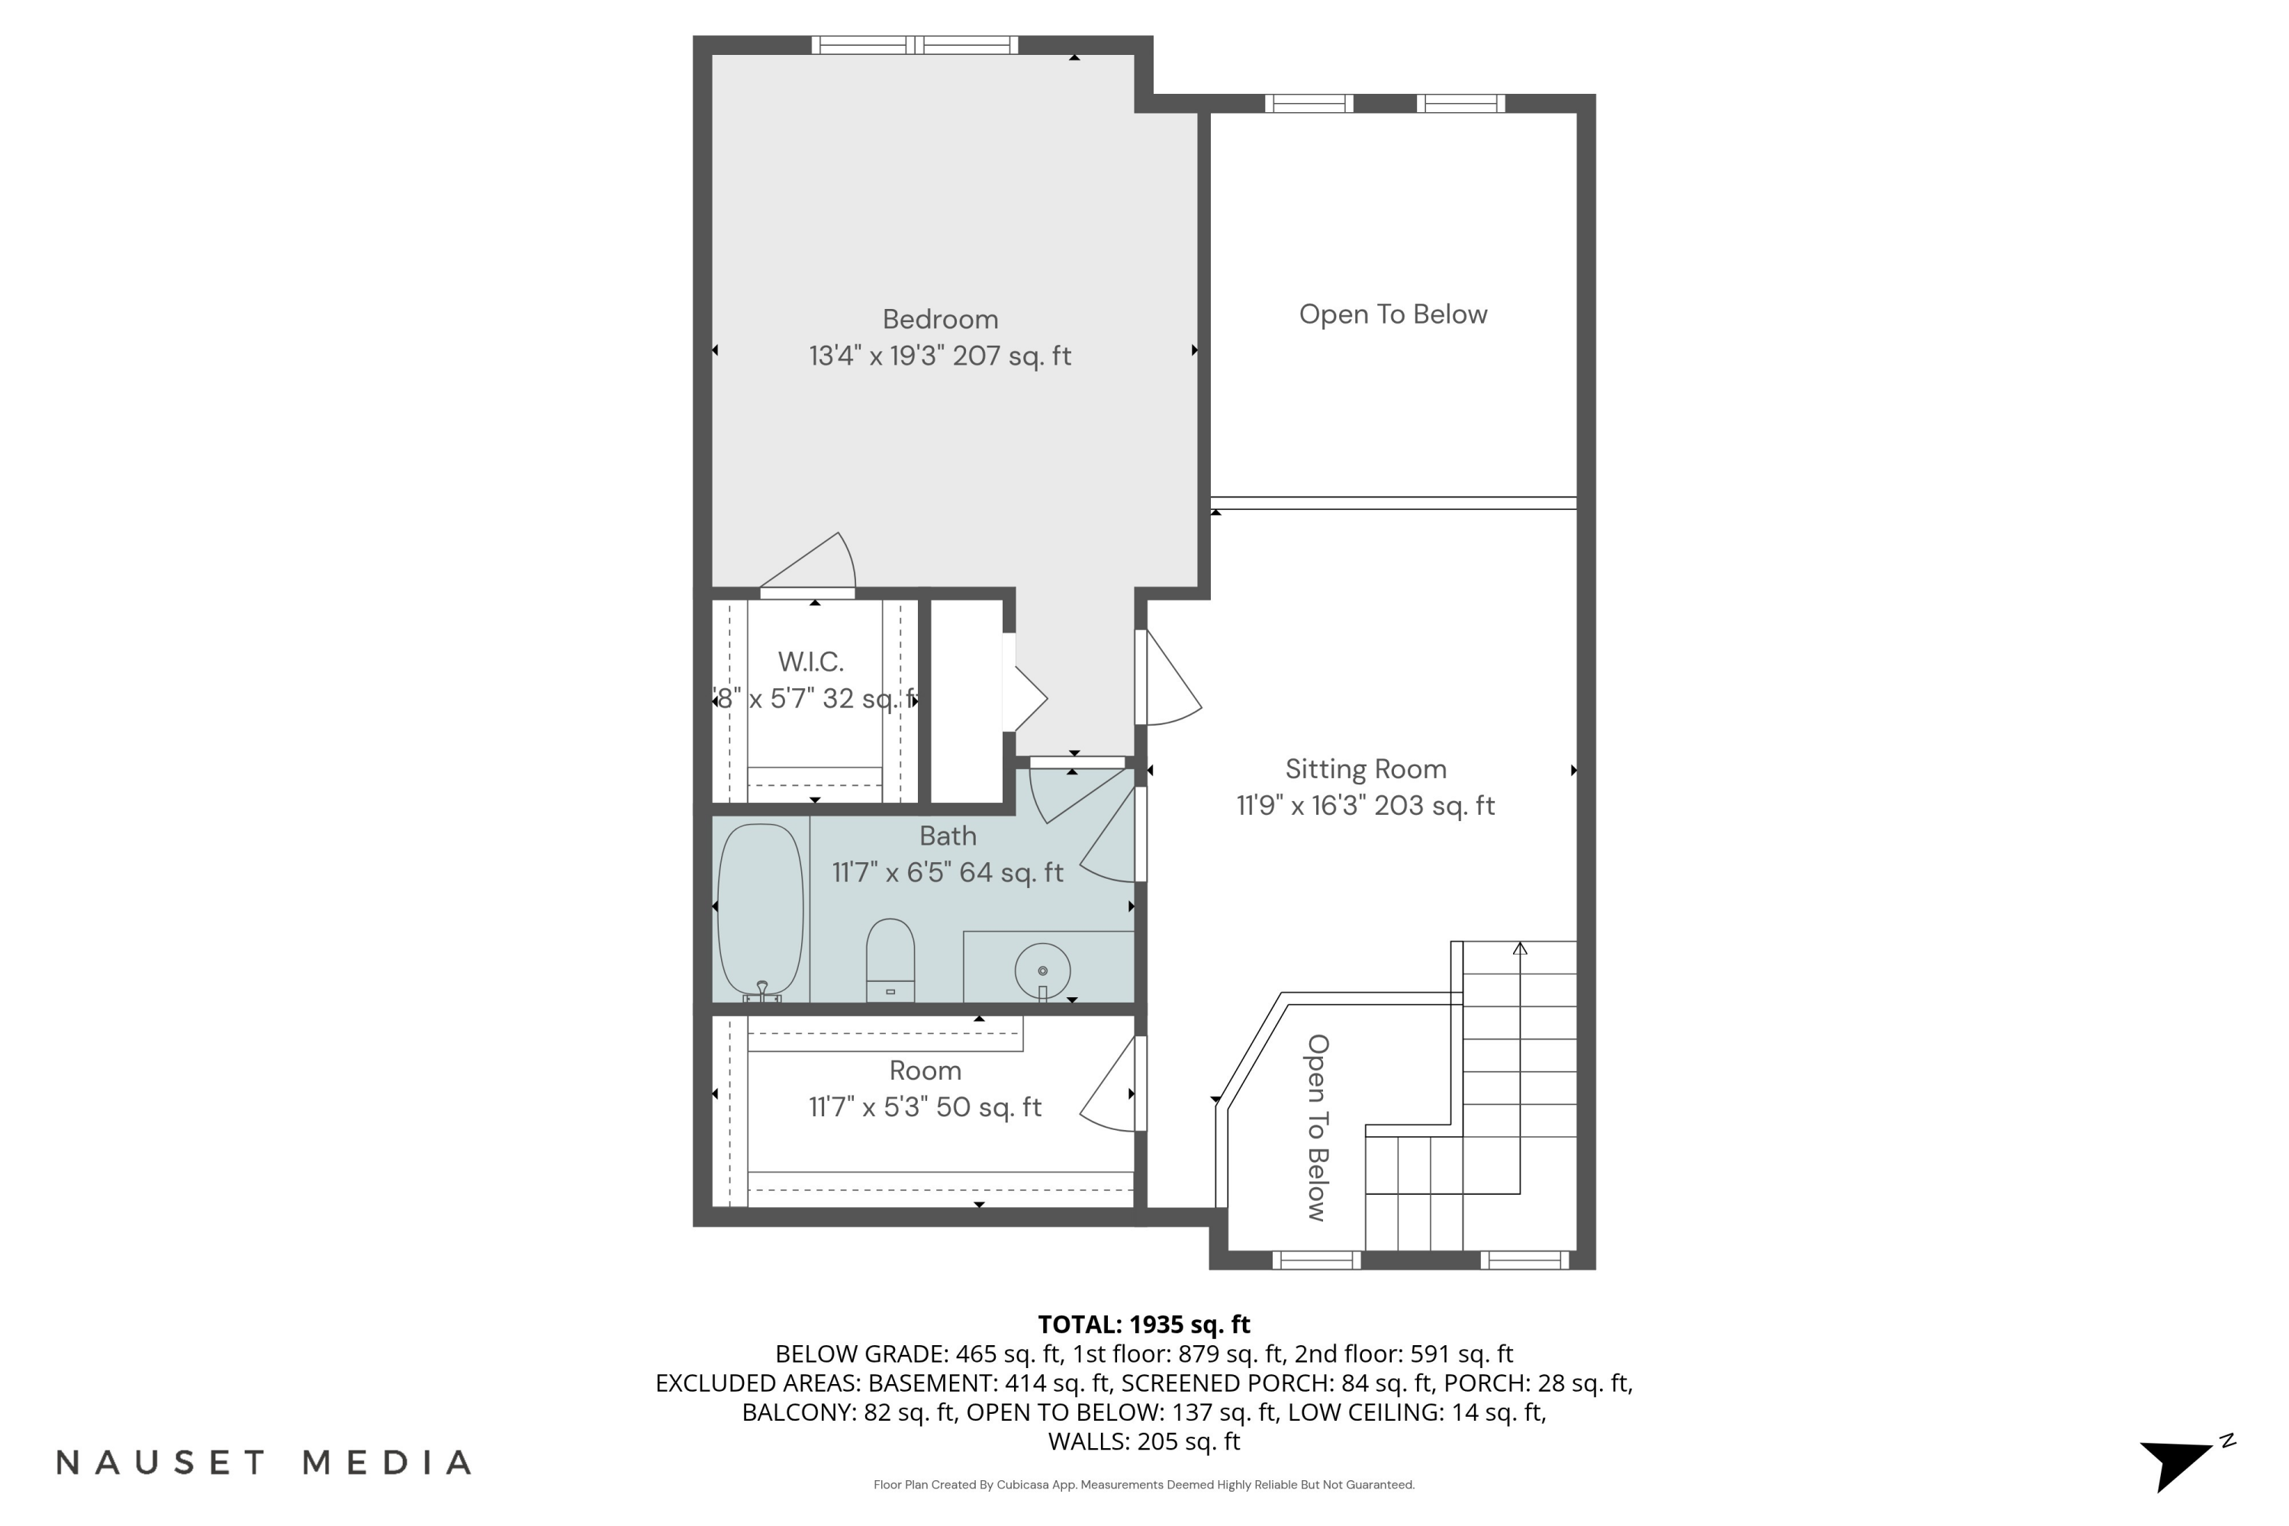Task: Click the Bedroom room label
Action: (x=940, y=319)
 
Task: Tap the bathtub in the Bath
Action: (x=760, y=910)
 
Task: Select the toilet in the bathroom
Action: (x=890, y=958)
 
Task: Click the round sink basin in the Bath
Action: (x=1042, y=971)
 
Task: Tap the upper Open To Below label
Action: (x=1392, y=314)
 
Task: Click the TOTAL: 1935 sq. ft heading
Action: (x=1144, y=1325)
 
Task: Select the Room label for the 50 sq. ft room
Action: (x=925, y=1070)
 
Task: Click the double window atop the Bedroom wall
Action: (x=914, y=45)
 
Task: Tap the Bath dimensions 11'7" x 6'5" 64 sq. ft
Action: (x=947, y=873)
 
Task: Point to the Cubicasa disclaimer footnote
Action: (x=1144, y=1485)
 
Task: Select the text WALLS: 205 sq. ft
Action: (x=1144, y=1441)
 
